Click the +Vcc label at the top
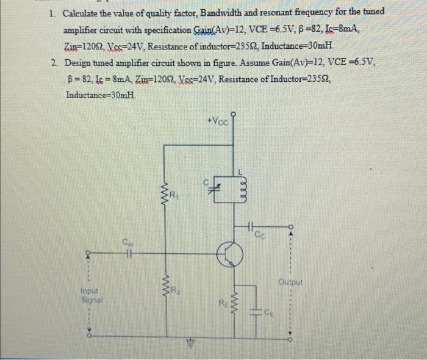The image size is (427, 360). (x=218, y=121)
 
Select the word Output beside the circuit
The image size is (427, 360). (x=290, y=282)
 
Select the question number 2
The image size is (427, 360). (x=54, y=62)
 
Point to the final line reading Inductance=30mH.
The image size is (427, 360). (x=101, y=95)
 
